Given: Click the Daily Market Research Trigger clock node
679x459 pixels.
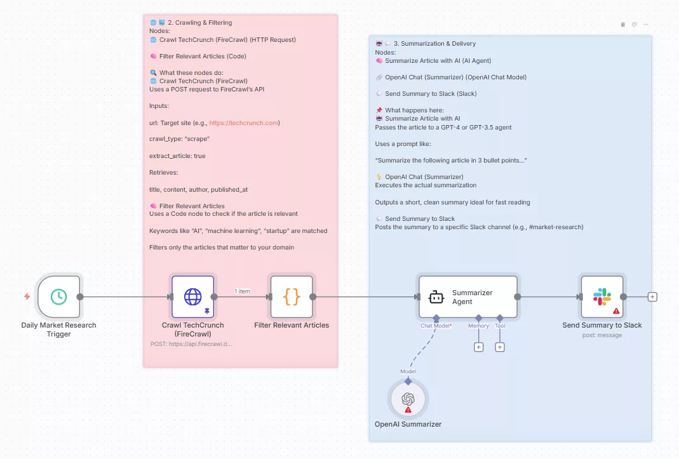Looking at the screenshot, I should [x=58, y=296].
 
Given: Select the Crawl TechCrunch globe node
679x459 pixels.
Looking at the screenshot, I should [x=192, y=296].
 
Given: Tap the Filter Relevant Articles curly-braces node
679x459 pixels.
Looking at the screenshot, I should [x=292, y=296].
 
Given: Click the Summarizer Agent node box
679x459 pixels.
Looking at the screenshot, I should [x=467, y=296].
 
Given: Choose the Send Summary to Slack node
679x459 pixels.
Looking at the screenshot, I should [x=602, y=296].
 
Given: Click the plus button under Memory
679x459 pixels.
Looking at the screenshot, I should [x=478, y=347].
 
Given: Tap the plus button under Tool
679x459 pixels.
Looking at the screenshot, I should [x=500, y=347].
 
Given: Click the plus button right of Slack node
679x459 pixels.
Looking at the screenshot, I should [x=652, y=296].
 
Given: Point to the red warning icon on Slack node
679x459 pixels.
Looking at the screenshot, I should [x=616, y=311].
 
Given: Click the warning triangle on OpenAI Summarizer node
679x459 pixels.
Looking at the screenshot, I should [x=408, y=409].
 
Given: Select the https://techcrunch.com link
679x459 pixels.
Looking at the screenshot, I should [x=243, y=123].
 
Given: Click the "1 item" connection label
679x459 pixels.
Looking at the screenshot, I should [x=242, y=291].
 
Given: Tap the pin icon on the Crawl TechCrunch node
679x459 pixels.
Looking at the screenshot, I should [x=206, y=311].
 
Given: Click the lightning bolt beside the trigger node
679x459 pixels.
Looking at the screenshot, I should [x=27, y=296].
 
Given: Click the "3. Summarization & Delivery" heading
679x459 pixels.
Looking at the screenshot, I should [x=434, y=44].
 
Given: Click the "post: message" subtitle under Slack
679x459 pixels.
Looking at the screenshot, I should [x=602, y=335].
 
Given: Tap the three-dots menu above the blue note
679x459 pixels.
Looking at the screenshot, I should [x=646, y=24].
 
